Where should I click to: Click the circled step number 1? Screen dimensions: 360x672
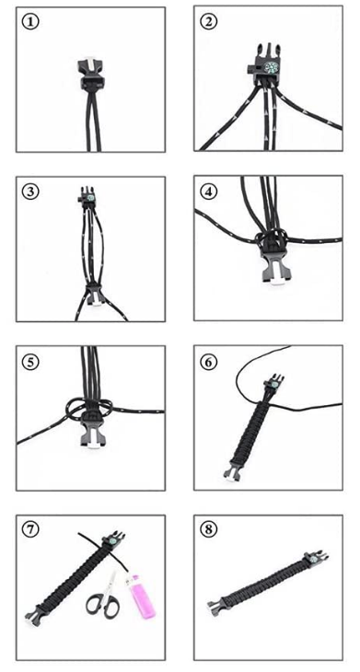pos(30,22)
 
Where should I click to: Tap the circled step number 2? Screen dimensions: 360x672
pos(208,22)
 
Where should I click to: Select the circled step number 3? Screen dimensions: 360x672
pos(30,191)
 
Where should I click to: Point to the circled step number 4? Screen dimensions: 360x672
pos(208,191)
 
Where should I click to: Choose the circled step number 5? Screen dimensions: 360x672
pos(30,362)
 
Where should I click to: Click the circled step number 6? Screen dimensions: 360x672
pos(208,362)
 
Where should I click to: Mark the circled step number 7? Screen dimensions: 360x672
pos(30,529)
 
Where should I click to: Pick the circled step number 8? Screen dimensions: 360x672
pos(208,529)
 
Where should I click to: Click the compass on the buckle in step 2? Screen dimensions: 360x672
pos(271,68)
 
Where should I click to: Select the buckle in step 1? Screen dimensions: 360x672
pos(91,73)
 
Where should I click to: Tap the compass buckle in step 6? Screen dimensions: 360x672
pos(273,382)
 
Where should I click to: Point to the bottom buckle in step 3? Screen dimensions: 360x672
pos(93,295)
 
